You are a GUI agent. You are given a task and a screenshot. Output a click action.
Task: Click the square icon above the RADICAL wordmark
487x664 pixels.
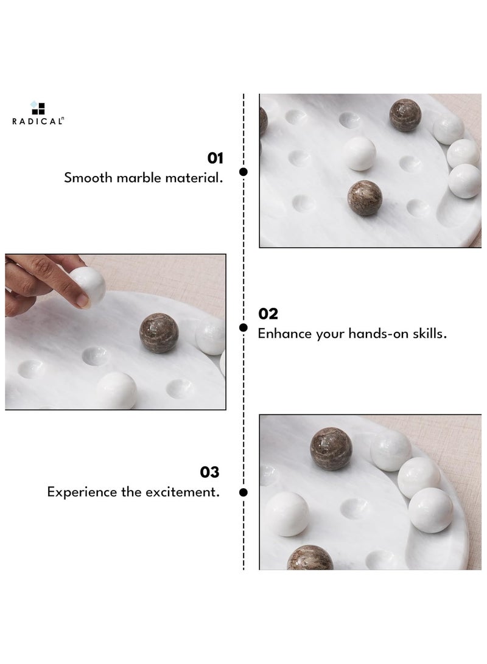point(38,107)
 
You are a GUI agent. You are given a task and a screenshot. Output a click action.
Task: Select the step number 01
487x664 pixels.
point(215,158)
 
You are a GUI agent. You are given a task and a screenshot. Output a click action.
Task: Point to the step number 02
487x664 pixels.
point(268,313)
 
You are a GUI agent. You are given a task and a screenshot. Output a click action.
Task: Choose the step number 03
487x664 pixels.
point(210,472)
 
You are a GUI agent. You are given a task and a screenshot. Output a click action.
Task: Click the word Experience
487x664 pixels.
point(82,492)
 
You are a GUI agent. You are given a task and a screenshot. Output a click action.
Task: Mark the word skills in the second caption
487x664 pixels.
point(430,334)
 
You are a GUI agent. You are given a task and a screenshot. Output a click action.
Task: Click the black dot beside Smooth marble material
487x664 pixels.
point(243,172)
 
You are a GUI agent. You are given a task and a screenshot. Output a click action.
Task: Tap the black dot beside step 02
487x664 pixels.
point(243,328)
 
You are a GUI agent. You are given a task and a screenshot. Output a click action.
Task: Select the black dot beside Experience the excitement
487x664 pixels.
point(243,492)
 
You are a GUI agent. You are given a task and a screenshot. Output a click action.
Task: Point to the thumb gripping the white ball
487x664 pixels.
point(79,299)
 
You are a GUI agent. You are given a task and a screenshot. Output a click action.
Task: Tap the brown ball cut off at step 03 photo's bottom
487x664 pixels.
point(309,559)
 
